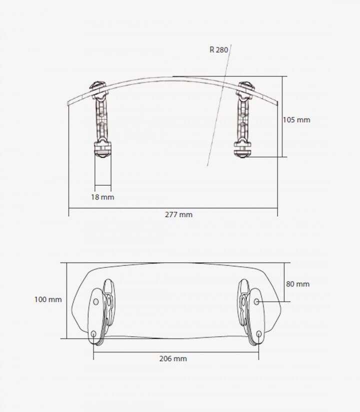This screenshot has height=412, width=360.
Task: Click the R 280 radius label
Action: pos(218,50)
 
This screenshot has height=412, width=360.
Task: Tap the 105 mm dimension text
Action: pos(296,120)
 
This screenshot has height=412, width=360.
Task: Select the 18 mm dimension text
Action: pos(102,197)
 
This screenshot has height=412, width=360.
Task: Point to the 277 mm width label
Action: pos(178,215)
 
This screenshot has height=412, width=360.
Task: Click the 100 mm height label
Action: pos(48,299)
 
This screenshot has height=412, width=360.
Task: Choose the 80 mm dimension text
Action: pos(298,284)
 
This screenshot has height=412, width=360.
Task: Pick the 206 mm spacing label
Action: pos(173,358)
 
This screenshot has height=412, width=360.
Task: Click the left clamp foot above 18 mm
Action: pos(102,150)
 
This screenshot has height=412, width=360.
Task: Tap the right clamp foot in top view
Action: pos(242,150)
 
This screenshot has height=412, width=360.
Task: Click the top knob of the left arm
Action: pos(98,86)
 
